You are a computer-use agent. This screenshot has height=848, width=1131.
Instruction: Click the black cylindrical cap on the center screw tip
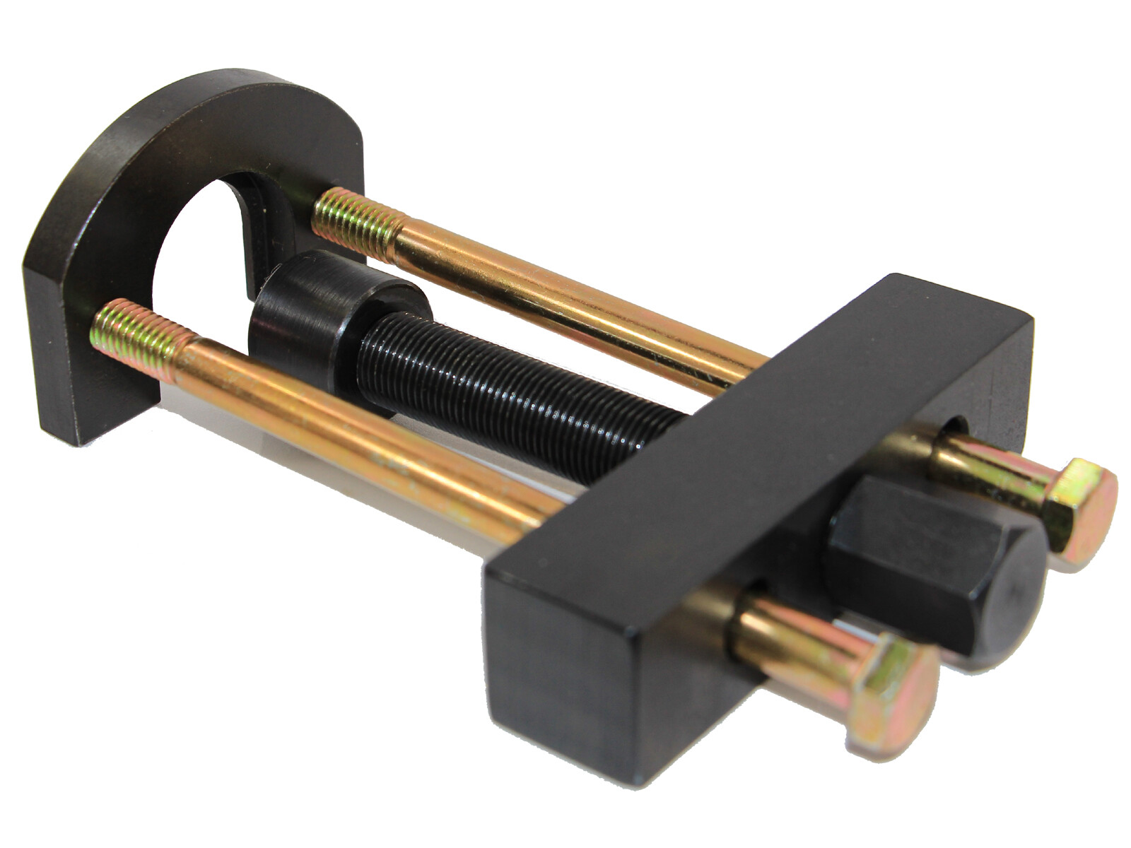pos(311,300)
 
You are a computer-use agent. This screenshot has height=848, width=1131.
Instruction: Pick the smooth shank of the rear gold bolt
pos(565,297)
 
